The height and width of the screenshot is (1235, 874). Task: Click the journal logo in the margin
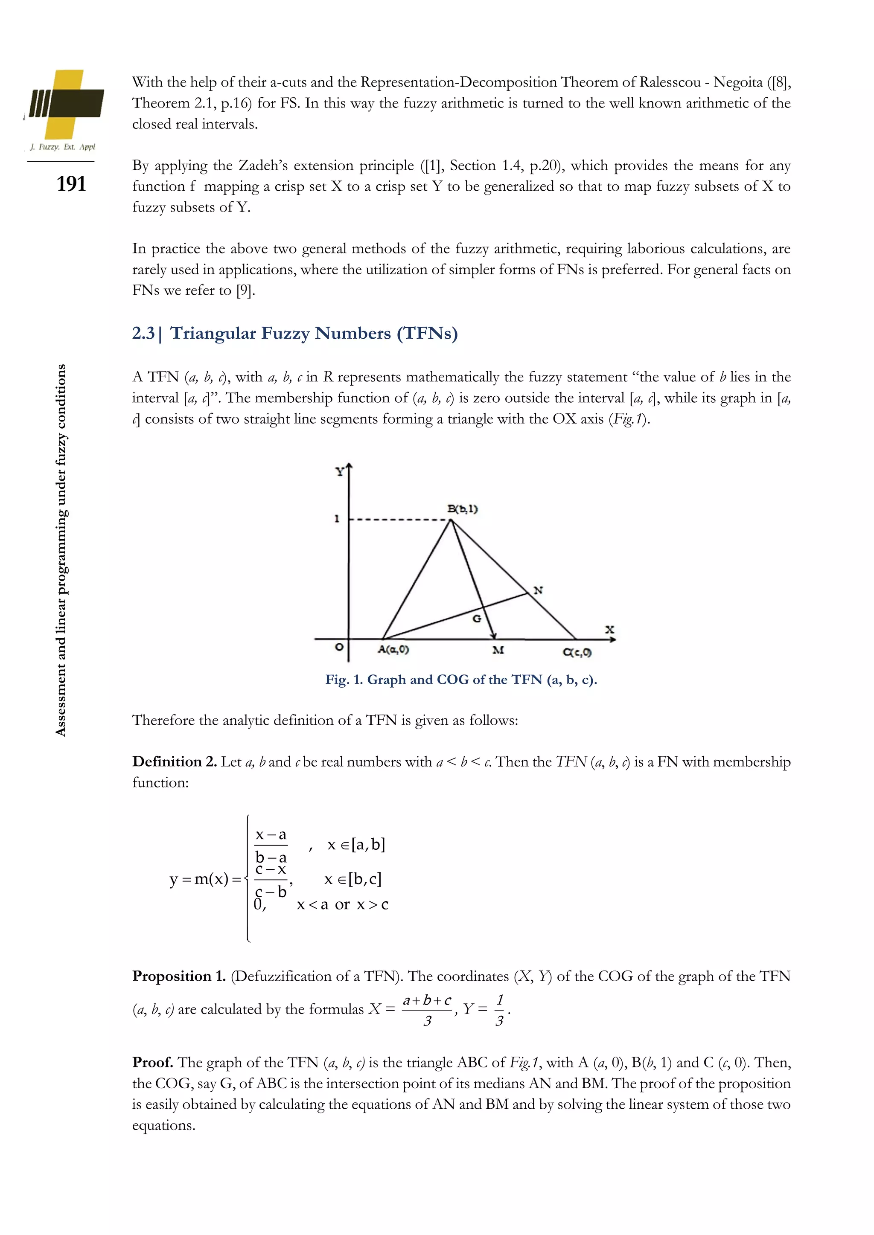point(64,105)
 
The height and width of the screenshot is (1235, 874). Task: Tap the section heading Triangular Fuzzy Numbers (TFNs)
point(314,334)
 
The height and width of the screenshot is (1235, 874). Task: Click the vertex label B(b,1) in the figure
point(462,509)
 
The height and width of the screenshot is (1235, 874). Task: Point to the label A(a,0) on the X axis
point(393,650)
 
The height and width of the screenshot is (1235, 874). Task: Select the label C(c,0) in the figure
point(577,652)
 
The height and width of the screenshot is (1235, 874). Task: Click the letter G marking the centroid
point(477,619)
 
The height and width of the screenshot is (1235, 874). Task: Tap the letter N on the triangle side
point(538,590)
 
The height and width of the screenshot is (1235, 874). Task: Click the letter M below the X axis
point(498,650)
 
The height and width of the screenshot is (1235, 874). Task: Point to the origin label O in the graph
point(339,647)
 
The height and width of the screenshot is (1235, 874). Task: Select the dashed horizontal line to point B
point(398,520)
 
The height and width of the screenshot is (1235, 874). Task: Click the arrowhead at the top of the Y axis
point(349,468)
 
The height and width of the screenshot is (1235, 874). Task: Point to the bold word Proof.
point(153,1062)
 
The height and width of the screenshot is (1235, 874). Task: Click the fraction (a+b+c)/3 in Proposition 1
point(427,1010)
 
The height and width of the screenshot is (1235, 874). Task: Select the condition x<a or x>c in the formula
point(342,905)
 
